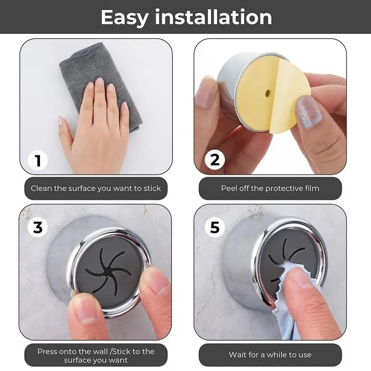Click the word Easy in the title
pyautogui.click(x=124, y=17)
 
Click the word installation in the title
pyautogui.click(x=214, y=17)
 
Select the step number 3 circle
pyautogui.click(x=38, y=228)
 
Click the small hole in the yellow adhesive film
pyautogui.click(x=268, y=93)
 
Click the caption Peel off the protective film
pyautogui.click(x=270, y=188)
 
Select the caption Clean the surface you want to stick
pyautogui.click(x=96, y=188)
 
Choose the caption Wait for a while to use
pyautogui.click(x=270, y=355)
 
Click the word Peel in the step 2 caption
pyautogui.click(x=229, y=188)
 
